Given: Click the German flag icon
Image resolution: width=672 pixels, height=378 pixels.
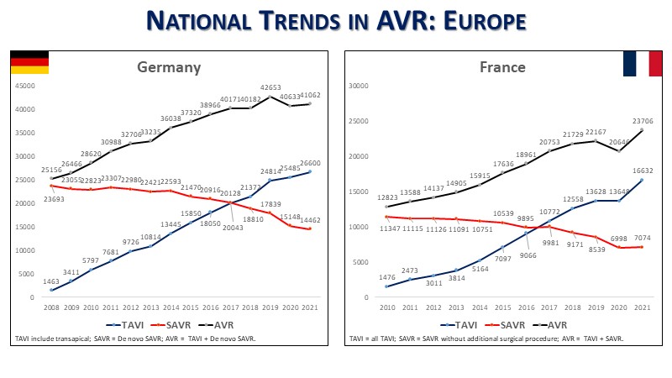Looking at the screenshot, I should (x=29, y=62).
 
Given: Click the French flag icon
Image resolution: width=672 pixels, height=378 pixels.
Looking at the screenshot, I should (x=641, y=64).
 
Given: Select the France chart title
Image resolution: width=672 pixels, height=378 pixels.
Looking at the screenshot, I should (x=502, y=67).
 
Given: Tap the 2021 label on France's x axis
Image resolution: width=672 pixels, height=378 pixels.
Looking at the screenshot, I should (x=642, y=308).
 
